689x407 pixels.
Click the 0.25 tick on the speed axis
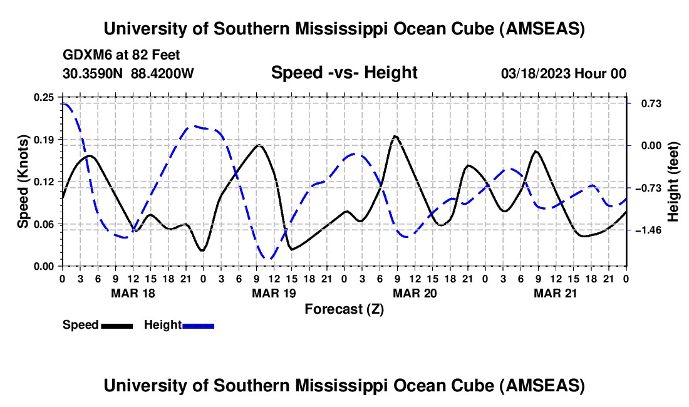click(45, 97)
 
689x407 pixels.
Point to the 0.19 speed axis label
click(45, 139)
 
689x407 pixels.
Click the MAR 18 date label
click(133, 293)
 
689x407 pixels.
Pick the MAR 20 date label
click(414, 293)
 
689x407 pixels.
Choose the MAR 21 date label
click(556, 293)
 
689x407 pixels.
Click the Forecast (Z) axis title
click(344, 309)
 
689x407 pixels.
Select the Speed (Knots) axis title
click(23, 182)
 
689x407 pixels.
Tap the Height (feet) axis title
click(673, 182)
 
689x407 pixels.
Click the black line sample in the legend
click(117, 326)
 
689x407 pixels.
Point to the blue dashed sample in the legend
click(198, 326)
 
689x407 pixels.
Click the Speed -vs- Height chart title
click(344, 73)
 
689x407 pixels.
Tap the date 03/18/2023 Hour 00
click(564, 74)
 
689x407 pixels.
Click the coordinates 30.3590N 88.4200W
click(128, 74)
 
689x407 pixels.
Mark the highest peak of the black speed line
click(395, 136)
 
